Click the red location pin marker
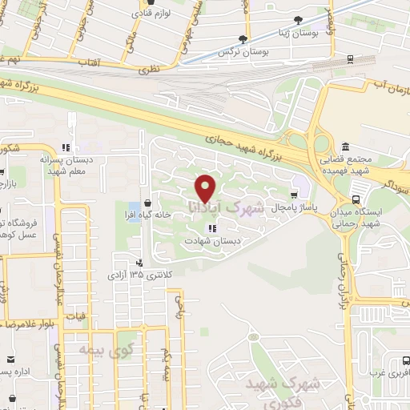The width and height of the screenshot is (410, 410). [x=207, y=188]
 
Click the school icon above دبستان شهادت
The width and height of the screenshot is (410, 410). [x=211, y=228]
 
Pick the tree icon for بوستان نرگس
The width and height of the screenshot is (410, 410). [x=242, y=39]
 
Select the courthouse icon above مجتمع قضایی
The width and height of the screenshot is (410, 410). [x=345, y=147]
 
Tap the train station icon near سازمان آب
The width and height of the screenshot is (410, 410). [x=352, y=59]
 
